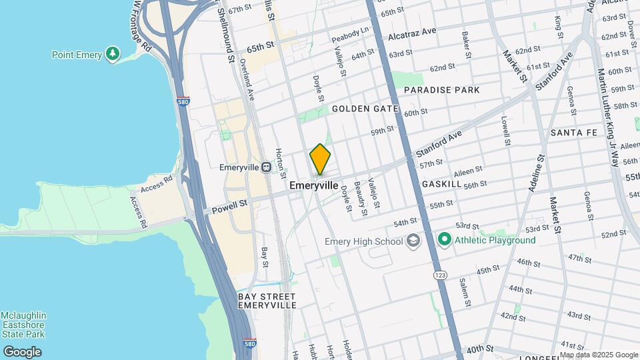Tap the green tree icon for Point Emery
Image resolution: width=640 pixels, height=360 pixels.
point(113,53)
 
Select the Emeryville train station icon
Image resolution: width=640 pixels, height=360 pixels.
point(265,167)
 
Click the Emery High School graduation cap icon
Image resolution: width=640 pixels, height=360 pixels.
point(413,241)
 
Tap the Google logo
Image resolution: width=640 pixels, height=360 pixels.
point(22,352)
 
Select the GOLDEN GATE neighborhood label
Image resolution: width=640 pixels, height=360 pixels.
point(365,108)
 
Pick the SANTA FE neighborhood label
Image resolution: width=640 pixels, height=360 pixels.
point(574,133)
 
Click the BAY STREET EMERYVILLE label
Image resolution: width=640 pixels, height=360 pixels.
point(267,300)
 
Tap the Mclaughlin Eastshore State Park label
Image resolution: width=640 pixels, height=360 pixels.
point(23,325)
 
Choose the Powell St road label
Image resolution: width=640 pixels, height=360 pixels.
point(229,207)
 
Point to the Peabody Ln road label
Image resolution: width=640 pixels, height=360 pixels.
point(351,32)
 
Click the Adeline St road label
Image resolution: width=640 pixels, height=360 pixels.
point(536,175)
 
